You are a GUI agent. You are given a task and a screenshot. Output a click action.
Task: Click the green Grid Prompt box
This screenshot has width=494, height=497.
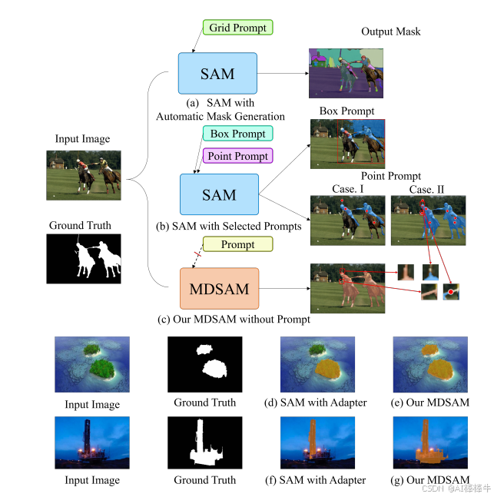(x=237, y=28)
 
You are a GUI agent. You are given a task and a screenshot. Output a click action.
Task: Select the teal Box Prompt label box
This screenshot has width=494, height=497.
(x=237, y=134)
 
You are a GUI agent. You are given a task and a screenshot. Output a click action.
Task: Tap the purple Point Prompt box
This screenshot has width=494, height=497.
(x=237, y=156)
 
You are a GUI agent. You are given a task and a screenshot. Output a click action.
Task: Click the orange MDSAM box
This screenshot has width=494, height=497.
(x=219, y=288)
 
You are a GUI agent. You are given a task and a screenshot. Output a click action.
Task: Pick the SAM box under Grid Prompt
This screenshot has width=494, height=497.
(x=217, y=74)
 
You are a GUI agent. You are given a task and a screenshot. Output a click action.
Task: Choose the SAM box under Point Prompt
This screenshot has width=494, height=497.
(x=219, y=195)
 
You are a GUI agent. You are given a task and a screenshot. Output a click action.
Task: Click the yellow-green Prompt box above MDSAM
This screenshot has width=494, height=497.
(x=237, y=244)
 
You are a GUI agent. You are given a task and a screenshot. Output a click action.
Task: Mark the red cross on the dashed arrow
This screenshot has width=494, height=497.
(x=197, y=253)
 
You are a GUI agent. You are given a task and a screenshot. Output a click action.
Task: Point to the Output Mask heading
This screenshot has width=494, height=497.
(x=391, y=31)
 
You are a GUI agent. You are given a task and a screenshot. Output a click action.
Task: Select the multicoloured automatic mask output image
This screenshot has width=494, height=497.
(x=346, y=71)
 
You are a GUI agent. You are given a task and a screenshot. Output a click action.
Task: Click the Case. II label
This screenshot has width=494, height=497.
(x=426, y=190)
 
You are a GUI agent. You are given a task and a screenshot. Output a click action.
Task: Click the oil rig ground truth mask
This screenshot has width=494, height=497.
(x=204, y=443)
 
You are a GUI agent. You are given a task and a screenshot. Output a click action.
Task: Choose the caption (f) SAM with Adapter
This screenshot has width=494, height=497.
(x=323, y=480)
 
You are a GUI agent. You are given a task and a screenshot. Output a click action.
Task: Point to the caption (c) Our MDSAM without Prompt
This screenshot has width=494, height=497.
(x=234, y=319)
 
